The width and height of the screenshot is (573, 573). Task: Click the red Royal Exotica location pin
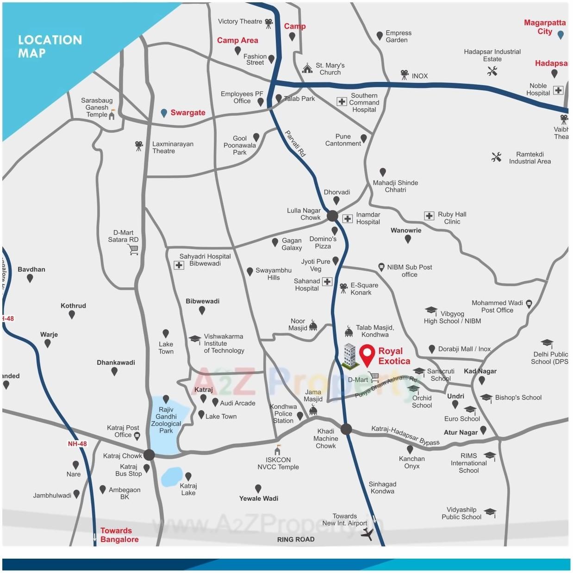click(367, 355)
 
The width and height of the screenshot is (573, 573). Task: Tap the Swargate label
click(187, 112)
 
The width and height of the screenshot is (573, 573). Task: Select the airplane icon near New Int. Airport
click(367, 534)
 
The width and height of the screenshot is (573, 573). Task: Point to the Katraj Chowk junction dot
click(149, 455)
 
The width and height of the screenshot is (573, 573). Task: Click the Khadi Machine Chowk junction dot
click(346, 429)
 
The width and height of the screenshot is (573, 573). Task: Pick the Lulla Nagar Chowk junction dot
click(332, 216)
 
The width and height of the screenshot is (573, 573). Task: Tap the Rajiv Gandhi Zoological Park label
click(166, 420)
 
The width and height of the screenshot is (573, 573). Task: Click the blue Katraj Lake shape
click(172, 477)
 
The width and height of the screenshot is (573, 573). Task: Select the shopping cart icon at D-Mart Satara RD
click(134, 250)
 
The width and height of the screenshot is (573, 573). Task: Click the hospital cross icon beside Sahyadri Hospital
click(179, 265)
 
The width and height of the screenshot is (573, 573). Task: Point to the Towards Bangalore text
click(119, 535)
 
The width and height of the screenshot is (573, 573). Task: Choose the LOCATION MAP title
click(50, 46)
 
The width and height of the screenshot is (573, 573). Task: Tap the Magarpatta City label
click(545, 27)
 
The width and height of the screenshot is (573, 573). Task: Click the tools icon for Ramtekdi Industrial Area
click(496, 157)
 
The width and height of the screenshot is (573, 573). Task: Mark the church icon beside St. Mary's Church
click(307, 69)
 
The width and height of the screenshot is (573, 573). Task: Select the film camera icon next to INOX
click(405, 75)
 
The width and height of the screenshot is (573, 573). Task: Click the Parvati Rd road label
click(295, 143)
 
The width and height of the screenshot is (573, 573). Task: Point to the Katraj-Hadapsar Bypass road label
click(405, 436)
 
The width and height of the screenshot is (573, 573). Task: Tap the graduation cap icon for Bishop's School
click(486, 398)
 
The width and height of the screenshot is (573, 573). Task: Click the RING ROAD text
click(296, 539)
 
